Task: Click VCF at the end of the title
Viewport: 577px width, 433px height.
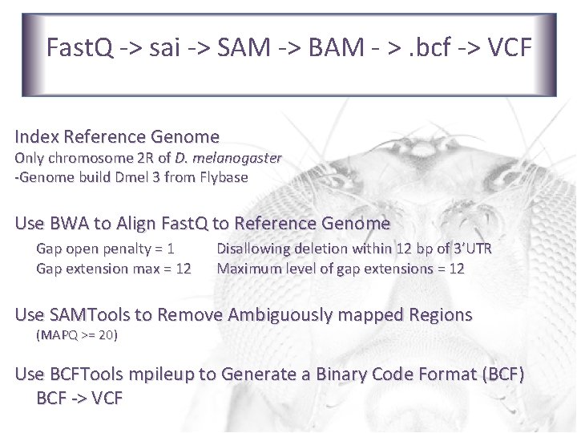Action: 507,48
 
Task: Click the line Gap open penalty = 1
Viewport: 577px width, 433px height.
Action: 106,249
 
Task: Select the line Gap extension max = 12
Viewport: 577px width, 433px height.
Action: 114,269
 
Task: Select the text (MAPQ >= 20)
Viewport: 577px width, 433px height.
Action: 77,334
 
